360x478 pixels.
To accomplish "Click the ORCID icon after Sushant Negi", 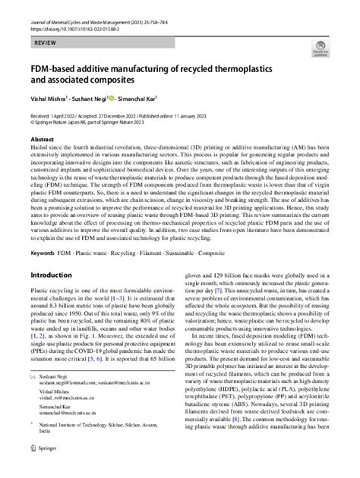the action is click(x=112, y=98).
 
